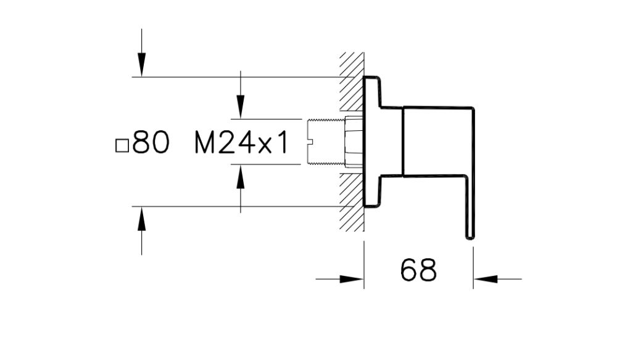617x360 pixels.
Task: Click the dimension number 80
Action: point(151,143)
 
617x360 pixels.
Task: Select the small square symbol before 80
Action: point(122,146)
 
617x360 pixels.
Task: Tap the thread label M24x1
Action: point(241,143)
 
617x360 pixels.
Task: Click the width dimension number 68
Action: point(418,270)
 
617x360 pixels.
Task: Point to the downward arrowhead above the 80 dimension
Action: point(142,65)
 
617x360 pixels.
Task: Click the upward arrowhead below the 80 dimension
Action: point(142,219)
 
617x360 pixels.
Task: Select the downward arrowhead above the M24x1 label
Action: point(241,106)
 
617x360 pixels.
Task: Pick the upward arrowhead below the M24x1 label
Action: point(241,177)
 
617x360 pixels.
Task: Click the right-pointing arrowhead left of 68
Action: point(352,279)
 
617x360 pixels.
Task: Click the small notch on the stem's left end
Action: point(310,142)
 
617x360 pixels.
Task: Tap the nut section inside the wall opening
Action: point(354,141)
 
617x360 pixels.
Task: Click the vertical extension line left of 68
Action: point(364,266)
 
